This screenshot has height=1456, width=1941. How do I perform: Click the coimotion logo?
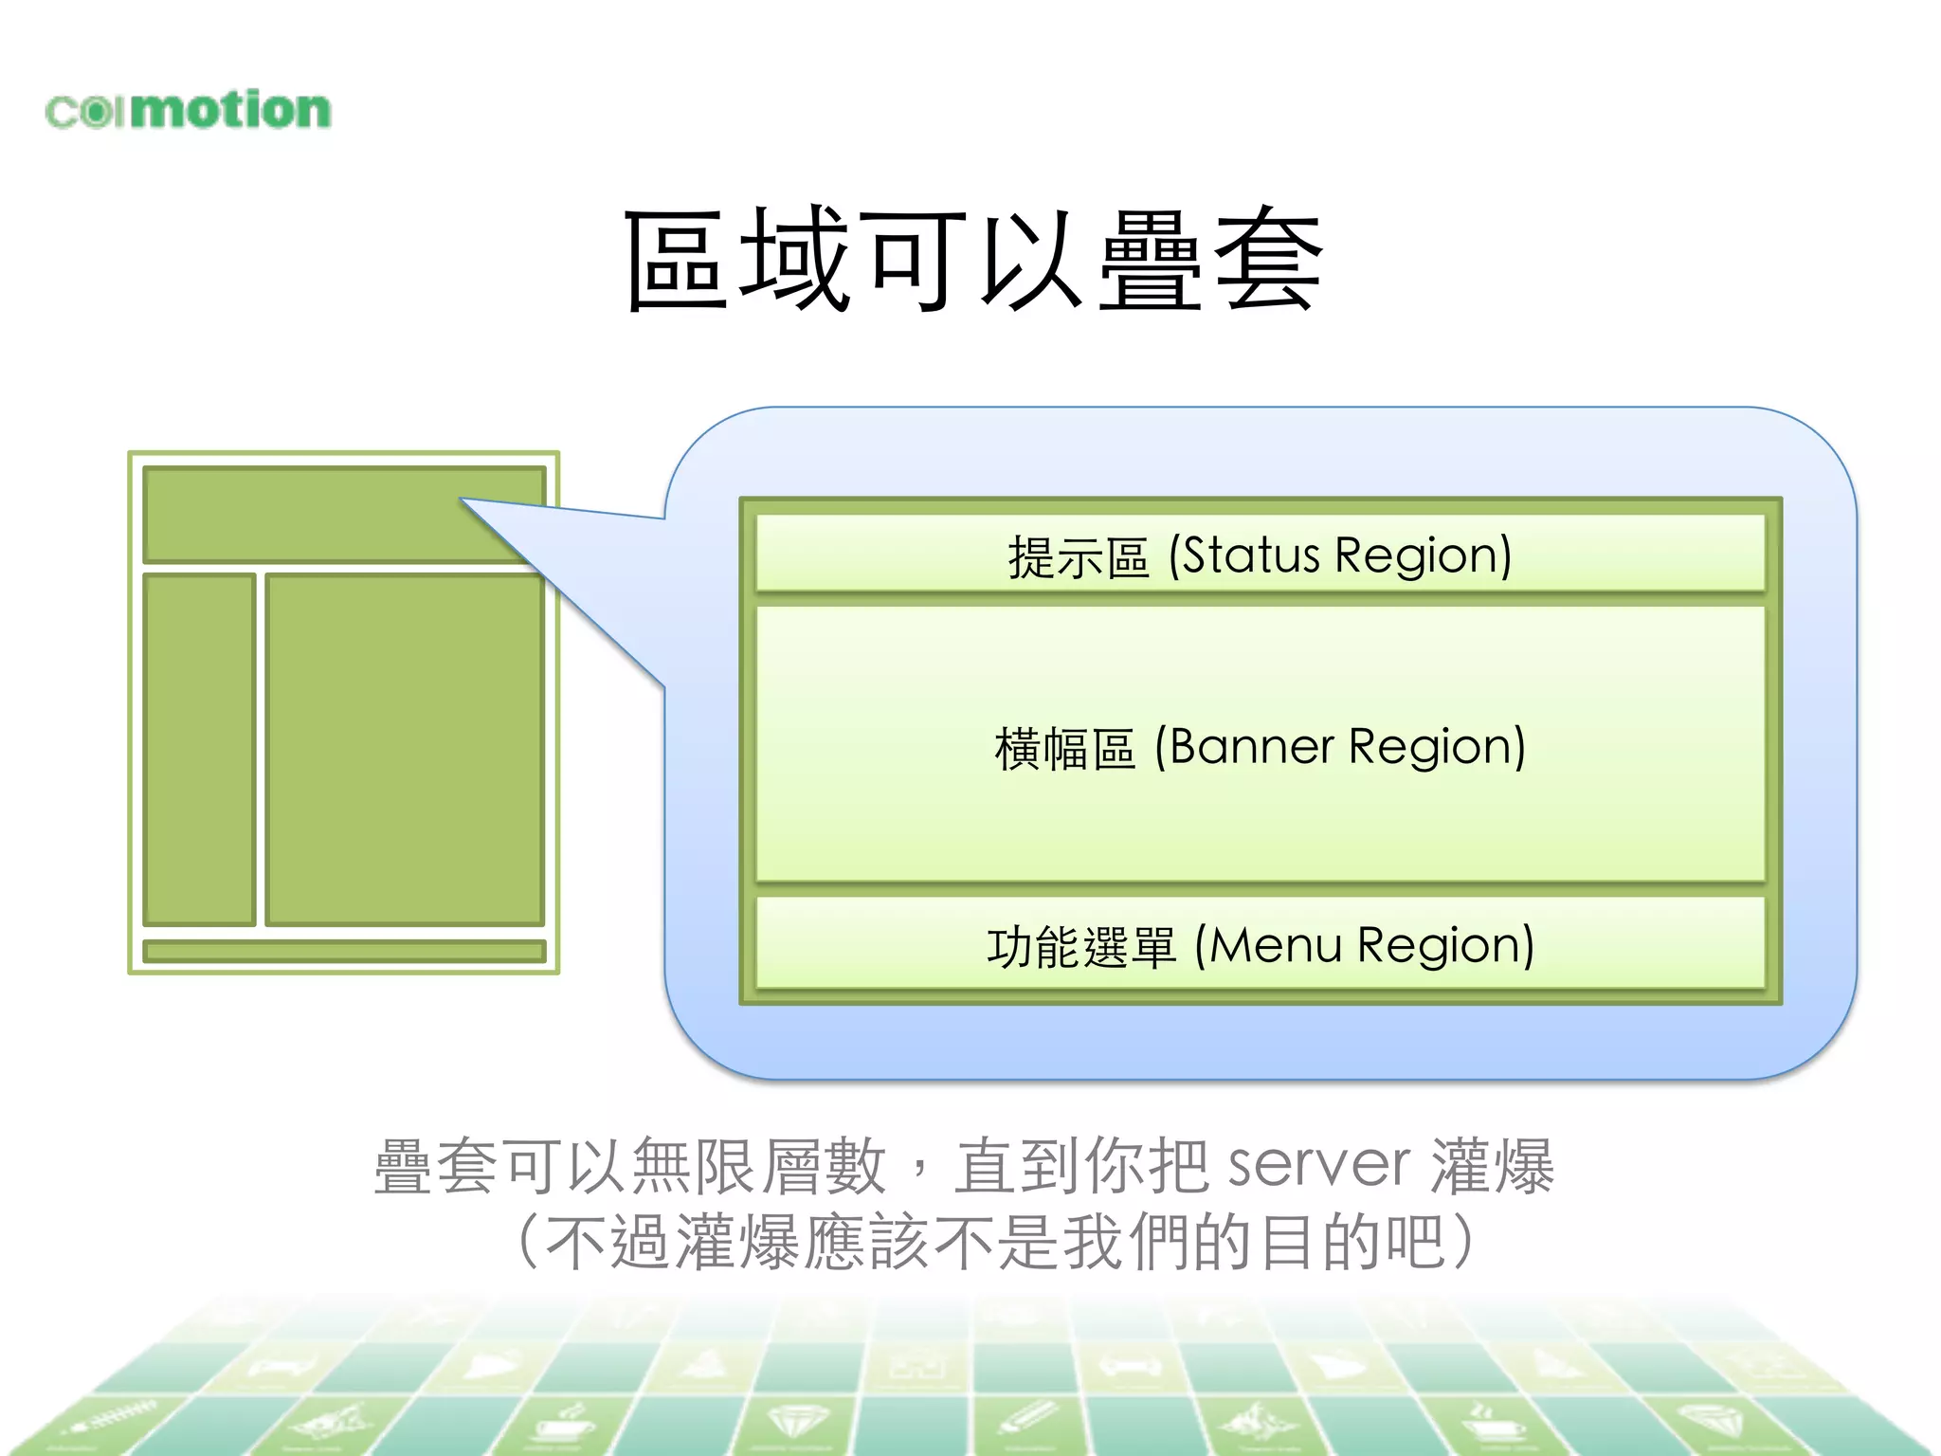tap(188, 110)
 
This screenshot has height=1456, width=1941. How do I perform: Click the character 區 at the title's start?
tap(675, 261)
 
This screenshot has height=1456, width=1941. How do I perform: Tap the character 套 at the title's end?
tap(1268, 261)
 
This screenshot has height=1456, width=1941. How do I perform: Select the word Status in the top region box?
tap(1251, 555)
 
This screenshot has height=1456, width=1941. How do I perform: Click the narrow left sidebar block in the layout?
tap(199, 749)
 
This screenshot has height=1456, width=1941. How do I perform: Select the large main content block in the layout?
tap(405, 749)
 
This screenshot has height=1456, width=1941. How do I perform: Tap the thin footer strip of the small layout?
tap(344, 951)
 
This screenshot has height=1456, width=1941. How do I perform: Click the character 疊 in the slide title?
tap(1150, 261)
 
